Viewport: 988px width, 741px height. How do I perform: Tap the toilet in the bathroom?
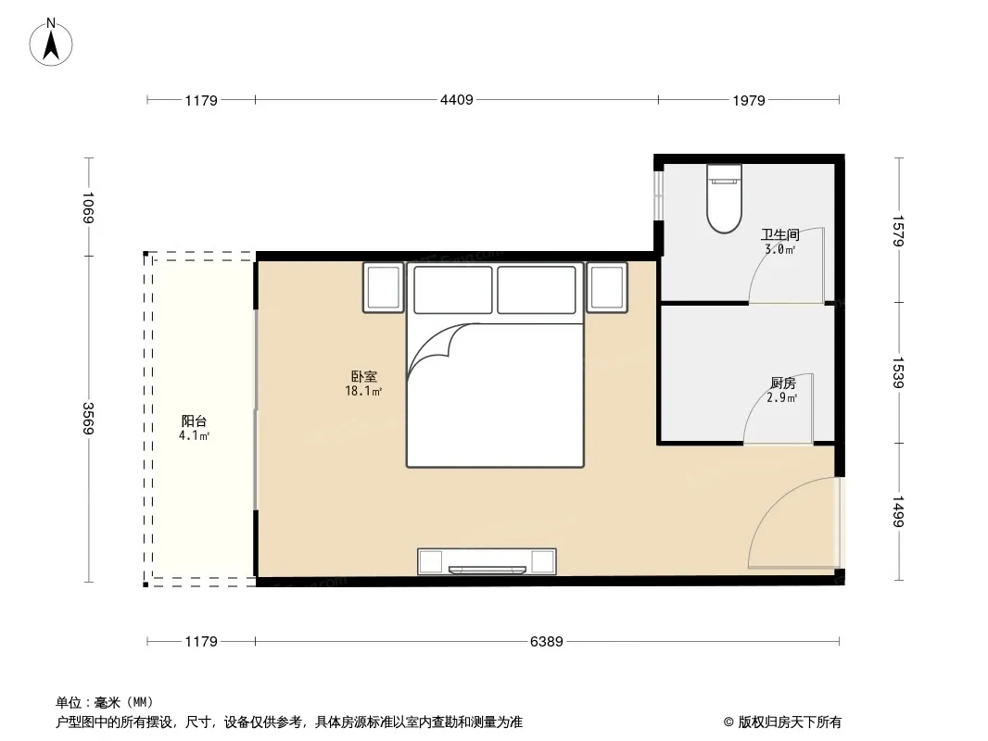(724, 198)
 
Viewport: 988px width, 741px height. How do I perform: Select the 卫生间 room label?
(780, 235)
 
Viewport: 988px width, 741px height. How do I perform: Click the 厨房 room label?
(783, 383)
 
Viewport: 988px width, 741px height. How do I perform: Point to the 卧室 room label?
(364, 376)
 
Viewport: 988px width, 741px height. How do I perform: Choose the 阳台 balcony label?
(194, 421)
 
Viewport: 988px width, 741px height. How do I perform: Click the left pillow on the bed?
(453, 290)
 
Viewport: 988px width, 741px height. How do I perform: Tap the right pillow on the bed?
(537, 290)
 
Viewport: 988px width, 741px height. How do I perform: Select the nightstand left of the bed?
(383, 288)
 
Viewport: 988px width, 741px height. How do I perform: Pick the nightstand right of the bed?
(607, 288)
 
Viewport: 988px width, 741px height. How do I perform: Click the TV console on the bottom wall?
(487, 561)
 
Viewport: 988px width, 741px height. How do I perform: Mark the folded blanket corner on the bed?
(441, 349)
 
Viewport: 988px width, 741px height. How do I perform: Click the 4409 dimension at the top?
(457, 99)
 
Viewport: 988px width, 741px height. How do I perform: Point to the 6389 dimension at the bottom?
(546, 642)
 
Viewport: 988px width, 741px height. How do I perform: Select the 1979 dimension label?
(749, 100)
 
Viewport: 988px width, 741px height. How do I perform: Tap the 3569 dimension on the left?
(88, 418)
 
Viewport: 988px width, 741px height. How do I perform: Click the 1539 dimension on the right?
(898, 372)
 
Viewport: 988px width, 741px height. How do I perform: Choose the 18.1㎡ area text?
(363, 391)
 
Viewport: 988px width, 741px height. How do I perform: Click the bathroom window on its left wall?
(658, 195)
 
